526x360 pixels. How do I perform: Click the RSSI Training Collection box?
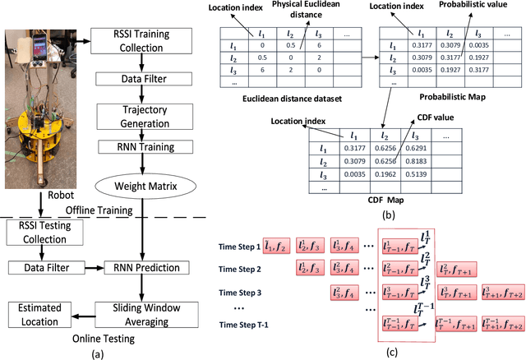tap(143, 40)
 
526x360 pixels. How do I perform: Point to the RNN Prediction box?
tap(143, 267)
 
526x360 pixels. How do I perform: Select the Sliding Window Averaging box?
tap(143, 309)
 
